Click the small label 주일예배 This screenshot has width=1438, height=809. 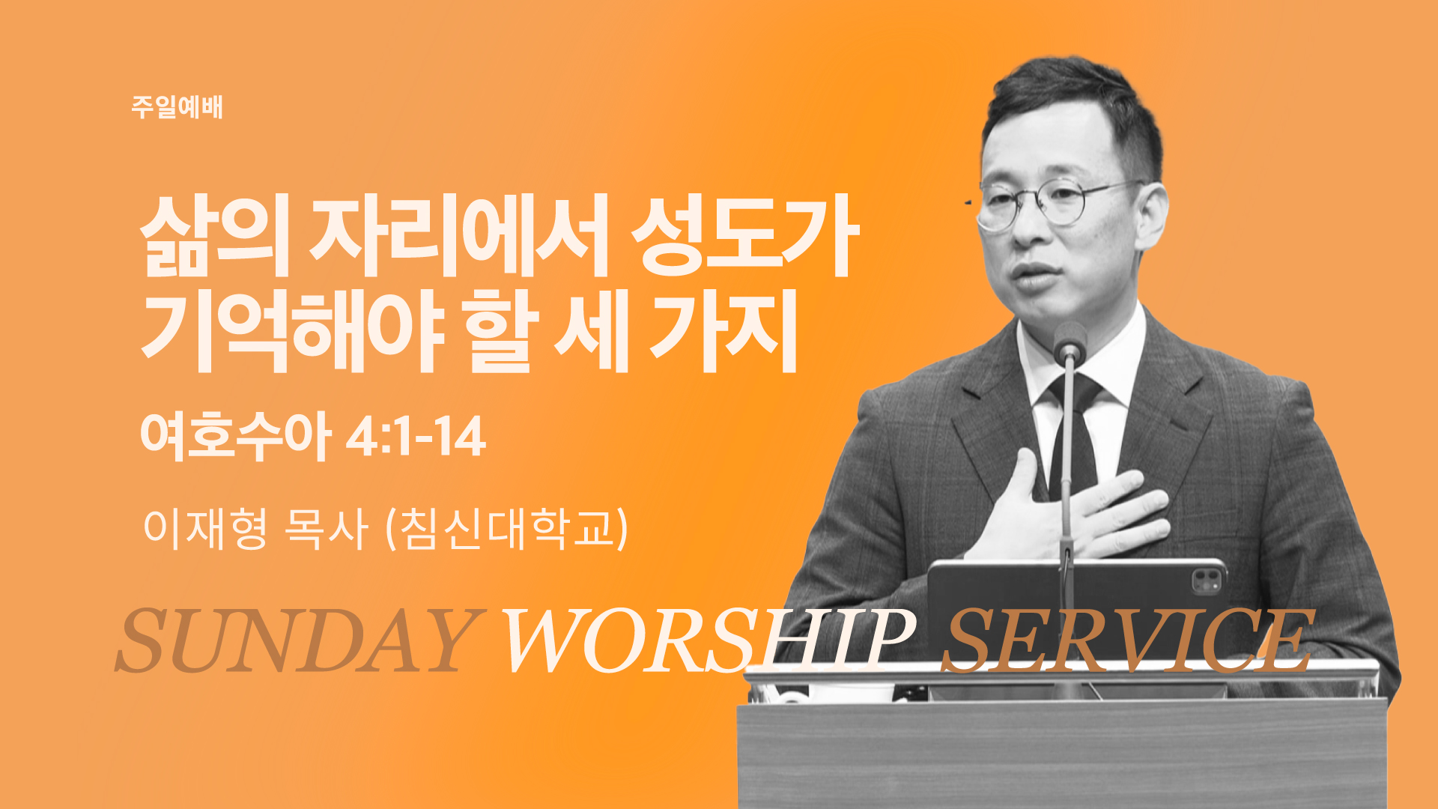[177, 107]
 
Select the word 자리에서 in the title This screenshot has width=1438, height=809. [459, 235]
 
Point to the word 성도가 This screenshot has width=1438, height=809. [743, 235]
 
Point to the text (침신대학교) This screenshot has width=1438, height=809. [506, 528]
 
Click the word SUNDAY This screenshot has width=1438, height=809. [297, 640]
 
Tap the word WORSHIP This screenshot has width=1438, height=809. [707, 640]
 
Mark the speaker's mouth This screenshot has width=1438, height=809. [1038, 275]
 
